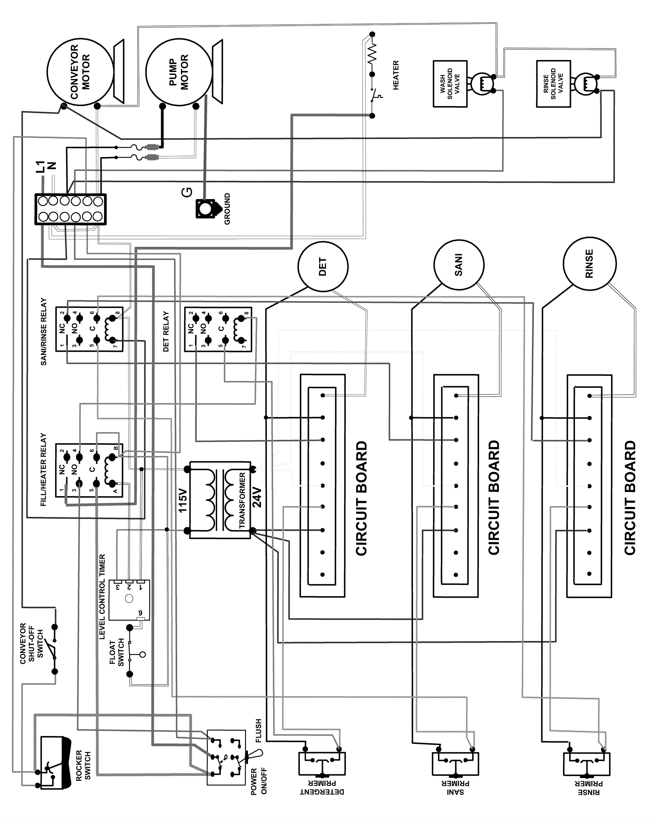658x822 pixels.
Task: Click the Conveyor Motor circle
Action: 80,72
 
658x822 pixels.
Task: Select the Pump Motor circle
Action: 179,72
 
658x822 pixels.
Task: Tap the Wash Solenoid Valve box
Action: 450,84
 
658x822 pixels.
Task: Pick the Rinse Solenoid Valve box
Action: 553,84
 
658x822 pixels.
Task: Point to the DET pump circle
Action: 323,267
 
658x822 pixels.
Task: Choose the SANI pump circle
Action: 459,265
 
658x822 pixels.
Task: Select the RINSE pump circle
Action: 589,263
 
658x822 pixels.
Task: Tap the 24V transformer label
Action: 257,499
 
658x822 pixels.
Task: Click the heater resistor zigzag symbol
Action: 372,53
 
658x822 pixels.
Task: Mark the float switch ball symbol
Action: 142,654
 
